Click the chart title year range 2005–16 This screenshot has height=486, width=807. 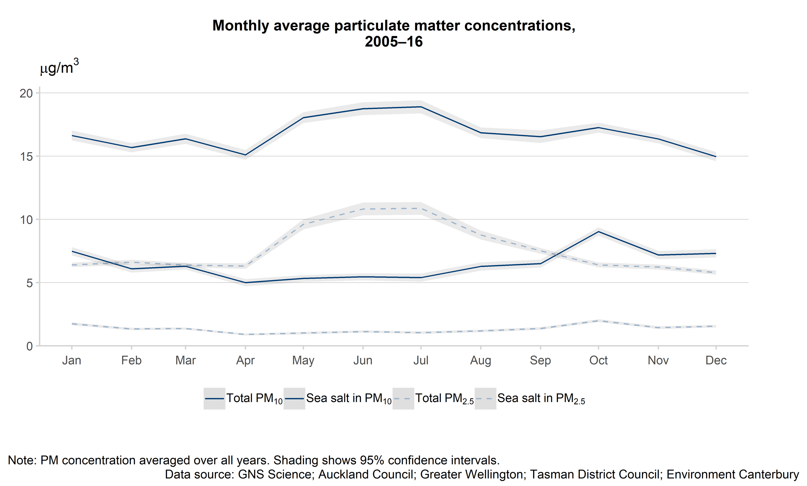393,42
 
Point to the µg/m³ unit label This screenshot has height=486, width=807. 59,67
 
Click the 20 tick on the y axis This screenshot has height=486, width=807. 26,93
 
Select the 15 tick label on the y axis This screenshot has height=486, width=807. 26,156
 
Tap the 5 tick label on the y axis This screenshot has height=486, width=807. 30,283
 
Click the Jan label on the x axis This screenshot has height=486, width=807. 71,360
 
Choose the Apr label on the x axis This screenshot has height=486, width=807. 245,360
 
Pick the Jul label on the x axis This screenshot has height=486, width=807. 420,360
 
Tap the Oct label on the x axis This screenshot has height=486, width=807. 598,360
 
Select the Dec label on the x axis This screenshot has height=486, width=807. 716,360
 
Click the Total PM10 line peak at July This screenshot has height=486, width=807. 420,107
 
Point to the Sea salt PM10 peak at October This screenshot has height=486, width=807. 598,232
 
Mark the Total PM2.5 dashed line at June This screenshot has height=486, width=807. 363,209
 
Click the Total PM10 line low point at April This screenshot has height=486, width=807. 245,155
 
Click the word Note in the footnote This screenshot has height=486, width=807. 21,460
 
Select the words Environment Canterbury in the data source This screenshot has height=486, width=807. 732,474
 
